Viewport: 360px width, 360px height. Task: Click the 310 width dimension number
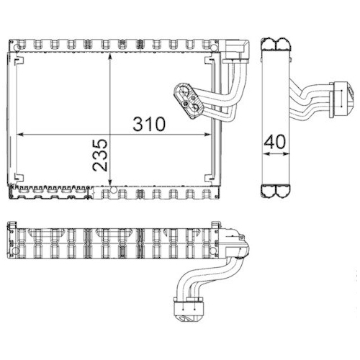point(149,123)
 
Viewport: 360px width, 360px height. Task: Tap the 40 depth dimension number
point(274,142)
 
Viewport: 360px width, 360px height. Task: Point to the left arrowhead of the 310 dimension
point(20,134)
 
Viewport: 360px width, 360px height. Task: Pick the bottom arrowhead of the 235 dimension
point(109,189)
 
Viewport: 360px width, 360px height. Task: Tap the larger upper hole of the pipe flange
point(184,91)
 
